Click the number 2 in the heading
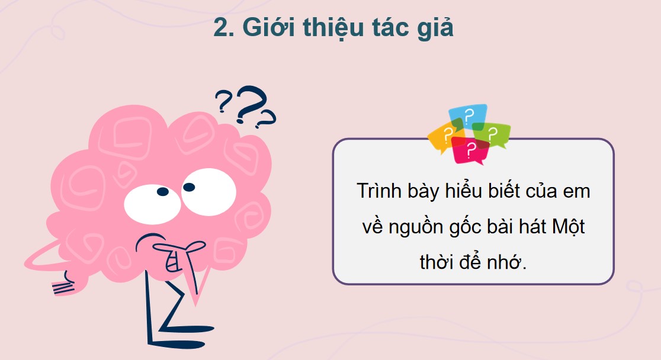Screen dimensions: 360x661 click(x=221, y=28)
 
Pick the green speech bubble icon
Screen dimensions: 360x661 click(x=493, y=134)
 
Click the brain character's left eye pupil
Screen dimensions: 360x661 click(x=161, y=192)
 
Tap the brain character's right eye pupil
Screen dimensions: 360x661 click(x=189, y=187)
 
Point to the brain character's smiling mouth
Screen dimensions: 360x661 click(x=174, y=260)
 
